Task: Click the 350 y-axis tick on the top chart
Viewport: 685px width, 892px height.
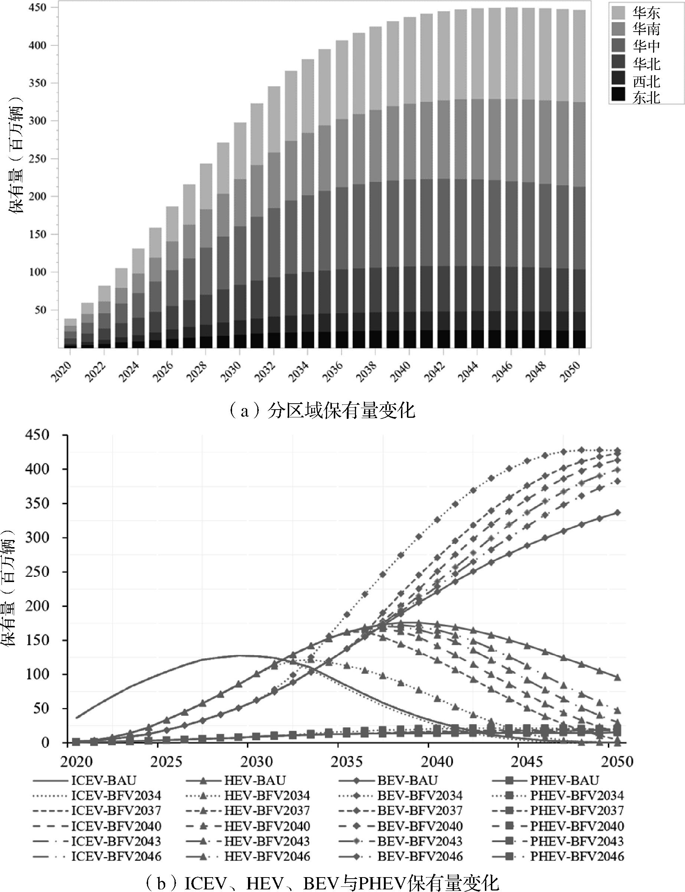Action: [37, 83]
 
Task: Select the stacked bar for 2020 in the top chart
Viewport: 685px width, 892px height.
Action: [71, 333]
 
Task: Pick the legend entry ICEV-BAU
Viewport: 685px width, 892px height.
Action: [104, 780]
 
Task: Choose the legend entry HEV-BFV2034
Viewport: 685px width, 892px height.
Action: [267, 795]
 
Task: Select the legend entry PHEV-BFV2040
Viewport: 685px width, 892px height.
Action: [577, 826]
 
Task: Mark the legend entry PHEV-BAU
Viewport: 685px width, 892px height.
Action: [564, 780]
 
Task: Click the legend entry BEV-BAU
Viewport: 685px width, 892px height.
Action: [407, 780]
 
